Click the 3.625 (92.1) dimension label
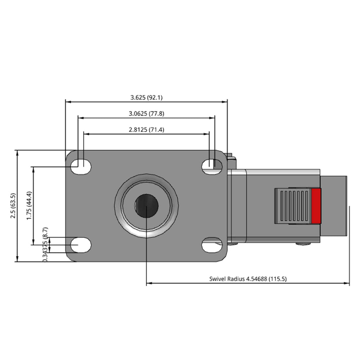(x=147, y=98)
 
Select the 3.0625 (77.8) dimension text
(x=147, y=114)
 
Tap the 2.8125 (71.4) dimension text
(x=147, y=130)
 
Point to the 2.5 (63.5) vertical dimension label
(x=13, y=206)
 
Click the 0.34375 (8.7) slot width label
(x=45, y=245)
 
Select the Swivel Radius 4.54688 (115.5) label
(x=248, y=279)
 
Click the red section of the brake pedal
(x=316, y=206)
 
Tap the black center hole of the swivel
(x=147, y=206)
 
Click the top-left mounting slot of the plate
(x=81, y=166)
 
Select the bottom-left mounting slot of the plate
(x=81, y=245)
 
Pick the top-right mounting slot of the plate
(x=212, y=166)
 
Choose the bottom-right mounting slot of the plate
(x=212, y=245)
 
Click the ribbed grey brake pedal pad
(x=293, y=206)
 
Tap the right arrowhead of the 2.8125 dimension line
(x=207, y=134)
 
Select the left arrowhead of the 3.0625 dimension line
(x=81, y=118)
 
